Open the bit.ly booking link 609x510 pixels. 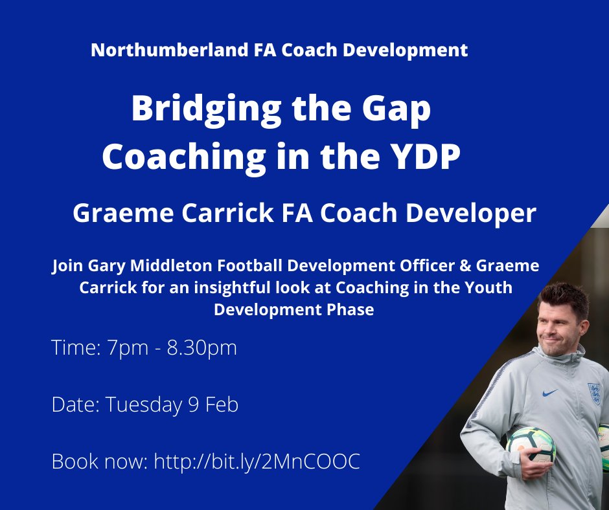click(257, 462)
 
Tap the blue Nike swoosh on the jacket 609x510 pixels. click(550, 392)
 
